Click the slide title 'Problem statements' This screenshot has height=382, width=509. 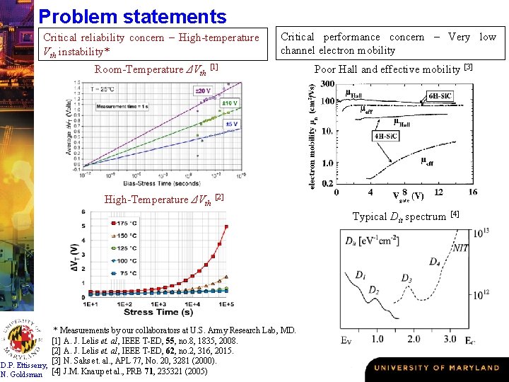132,16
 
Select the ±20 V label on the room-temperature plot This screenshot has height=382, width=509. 202,91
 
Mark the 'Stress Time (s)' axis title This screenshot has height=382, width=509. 158,312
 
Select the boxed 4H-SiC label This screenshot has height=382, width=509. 387,137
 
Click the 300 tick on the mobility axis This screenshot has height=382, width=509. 327,84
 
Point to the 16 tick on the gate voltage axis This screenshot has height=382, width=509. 472,192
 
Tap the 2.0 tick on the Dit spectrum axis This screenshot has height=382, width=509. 413,339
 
